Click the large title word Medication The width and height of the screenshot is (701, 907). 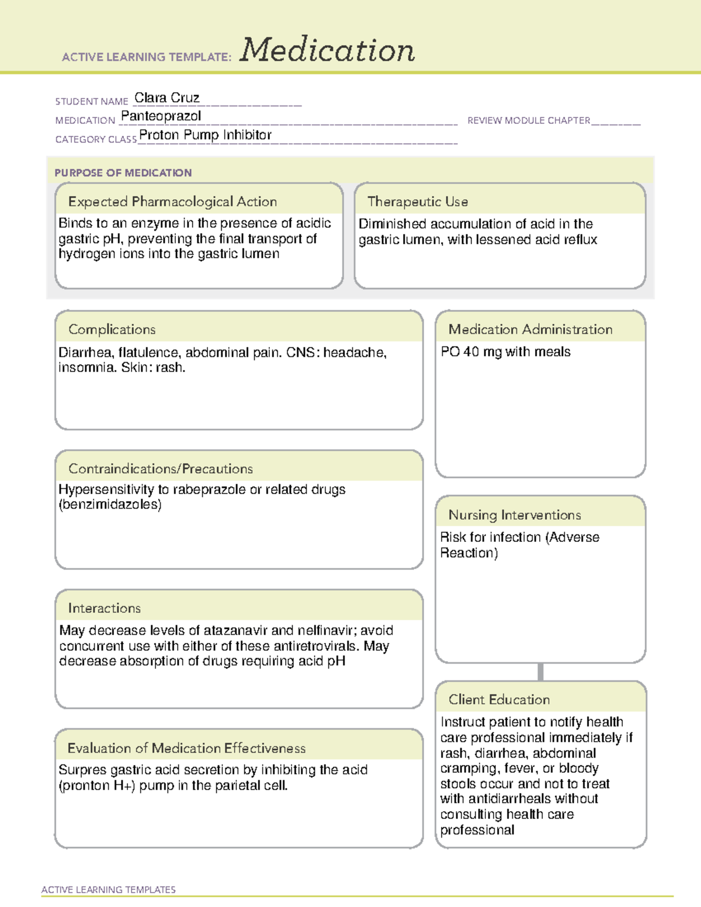coord(327,50)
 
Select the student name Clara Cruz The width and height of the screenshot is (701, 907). coord(167,98)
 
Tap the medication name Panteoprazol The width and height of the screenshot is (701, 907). coord(161,116)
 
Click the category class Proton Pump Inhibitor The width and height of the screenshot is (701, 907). coord(205,135)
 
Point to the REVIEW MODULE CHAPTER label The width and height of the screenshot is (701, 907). coord(529,120)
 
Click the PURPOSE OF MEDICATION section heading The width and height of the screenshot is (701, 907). coord(123,173)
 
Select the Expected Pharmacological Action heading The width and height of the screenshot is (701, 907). coord(172,201)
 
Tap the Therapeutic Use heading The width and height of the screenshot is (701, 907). coord(418,201)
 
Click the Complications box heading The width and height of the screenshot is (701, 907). coord(112,329)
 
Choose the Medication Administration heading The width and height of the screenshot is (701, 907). coord(530,329)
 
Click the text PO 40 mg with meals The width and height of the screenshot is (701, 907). coord(505,352)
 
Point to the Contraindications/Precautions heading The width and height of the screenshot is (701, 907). coord(161,468)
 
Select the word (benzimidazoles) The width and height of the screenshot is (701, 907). coord(110,505)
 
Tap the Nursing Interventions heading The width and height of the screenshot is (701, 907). coord(515,515)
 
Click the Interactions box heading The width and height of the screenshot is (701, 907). coord(105,608)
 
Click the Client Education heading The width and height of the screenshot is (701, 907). coord(499,699)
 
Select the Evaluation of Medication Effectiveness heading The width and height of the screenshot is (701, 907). coord(186,748)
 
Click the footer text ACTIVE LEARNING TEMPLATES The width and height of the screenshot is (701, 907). coord(109,889)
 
